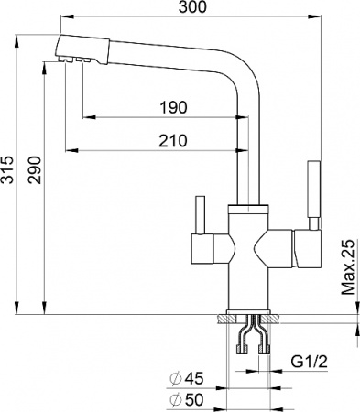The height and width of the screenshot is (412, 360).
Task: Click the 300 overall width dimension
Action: coord(190,8)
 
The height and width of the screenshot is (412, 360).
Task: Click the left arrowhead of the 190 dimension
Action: coord(85,117)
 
